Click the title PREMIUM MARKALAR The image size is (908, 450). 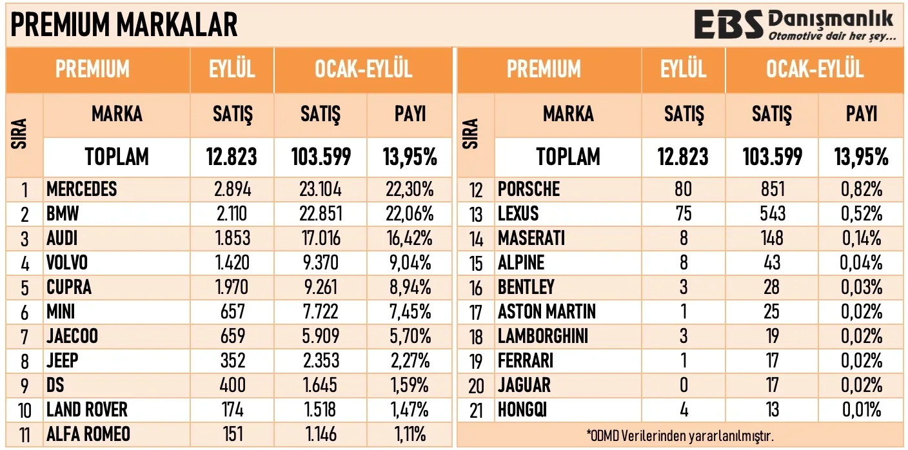pyautogui.click(x=124, y=24)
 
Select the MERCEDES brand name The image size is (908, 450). pyautogui.click(x=82, y=190)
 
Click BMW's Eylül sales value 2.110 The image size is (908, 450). pyautogui.click(x=232, y=214)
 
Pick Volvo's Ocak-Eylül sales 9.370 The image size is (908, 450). pyautogui.click(x=320, y=263)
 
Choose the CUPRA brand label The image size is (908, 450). pyautogui.click(x=69, y=288)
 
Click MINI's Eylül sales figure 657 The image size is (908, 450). pyautogui.click(x=232, y=312)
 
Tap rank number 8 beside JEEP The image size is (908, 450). pyautogui.click(x=25, y=361)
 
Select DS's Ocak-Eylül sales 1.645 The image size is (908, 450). pyautogui.click(x=320, y=386)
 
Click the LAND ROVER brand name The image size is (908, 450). pyautogui.click(x=87, y=410)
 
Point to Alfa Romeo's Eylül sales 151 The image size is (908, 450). pyautogui.click(x=232, y=435)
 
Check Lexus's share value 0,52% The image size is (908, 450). pyautogui.click(x=862, y=214)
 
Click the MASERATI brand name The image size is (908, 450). pyautogui.click(x=531, y=239)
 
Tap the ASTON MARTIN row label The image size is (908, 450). pyautogui.click(x=547, y=312)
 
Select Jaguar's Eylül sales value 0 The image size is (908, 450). pyautogui.click(x=683, y=386)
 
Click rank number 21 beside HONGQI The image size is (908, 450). pyautogui.click(x=476, y=410)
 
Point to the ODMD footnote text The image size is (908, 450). pyautogui.click(x=680, y=435)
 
